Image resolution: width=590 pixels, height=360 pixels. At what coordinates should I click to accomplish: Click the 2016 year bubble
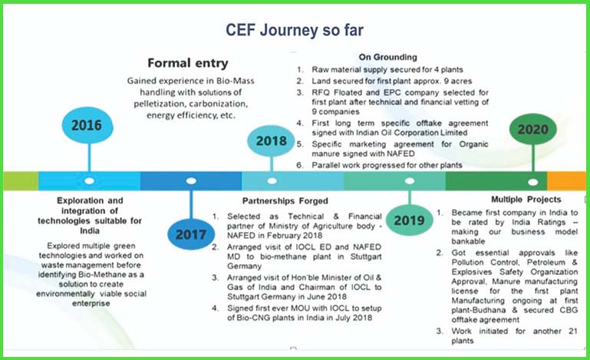point(87,125)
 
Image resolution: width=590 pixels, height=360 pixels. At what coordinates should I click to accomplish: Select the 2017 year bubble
point(191,234)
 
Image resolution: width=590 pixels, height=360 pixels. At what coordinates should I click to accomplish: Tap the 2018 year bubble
point(271,140)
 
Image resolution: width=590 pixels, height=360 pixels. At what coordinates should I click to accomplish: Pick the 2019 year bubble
point(410,220)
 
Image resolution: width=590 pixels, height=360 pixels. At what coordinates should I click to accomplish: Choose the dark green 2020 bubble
point(532,129)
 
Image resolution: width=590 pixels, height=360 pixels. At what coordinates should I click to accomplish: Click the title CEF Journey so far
point(295,30)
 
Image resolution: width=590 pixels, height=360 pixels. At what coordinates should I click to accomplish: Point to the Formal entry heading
point(188,63)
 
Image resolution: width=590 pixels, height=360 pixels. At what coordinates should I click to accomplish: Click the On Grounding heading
point(388,57)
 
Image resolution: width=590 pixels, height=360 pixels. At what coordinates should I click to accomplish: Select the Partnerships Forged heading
point(285,200)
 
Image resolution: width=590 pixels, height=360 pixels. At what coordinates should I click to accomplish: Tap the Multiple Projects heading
point(526,200)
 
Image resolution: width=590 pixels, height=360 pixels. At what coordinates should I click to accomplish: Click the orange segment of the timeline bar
point(566,181)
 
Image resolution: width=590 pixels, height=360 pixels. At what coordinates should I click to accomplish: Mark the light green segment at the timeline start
point(21,181)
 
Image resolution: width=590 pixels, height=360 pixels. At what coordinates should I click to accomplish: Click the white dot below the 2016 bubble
point(90,180)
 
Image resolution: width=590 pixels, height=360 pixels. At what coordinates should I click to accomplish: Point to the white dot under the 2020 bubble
point(532,182)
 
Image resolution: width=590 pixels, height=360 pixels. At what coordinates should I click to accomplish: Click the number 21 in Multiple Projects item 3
point(572,331)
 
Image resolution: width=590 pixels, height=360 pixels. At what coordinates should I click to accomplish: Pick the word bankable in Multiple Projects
point(468,241)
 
